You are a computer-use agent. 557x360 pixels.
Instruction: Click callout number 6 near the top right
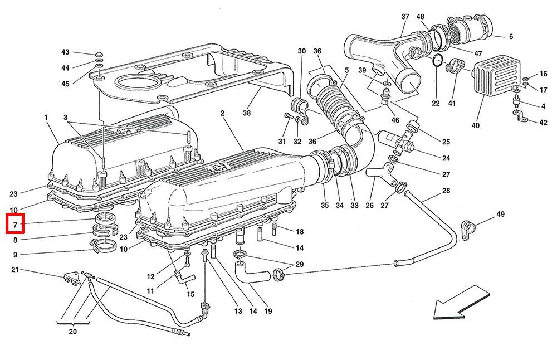510,37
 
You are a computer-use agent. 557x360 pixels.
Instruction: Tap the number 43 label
66,52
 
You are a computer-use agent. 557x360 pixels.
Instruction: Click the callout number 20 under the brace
73,331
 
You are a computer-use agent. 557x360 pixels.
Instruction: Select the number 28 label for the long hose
446,191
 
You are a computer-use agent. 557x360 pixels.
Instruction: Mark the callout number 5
346,70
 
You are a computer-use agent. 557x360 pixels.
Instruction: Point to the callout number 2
222,114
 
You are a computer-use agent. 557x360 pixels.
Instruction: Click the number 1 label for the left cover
45,118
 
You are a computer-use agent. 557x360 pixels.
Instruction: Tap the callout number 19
268,312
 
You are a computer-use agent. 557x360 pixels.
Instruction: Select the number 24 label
446,158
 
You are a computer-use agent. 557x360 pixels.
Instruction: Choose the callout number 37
405,16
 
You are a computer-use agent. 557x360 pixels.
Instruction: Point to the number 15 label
190,294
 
